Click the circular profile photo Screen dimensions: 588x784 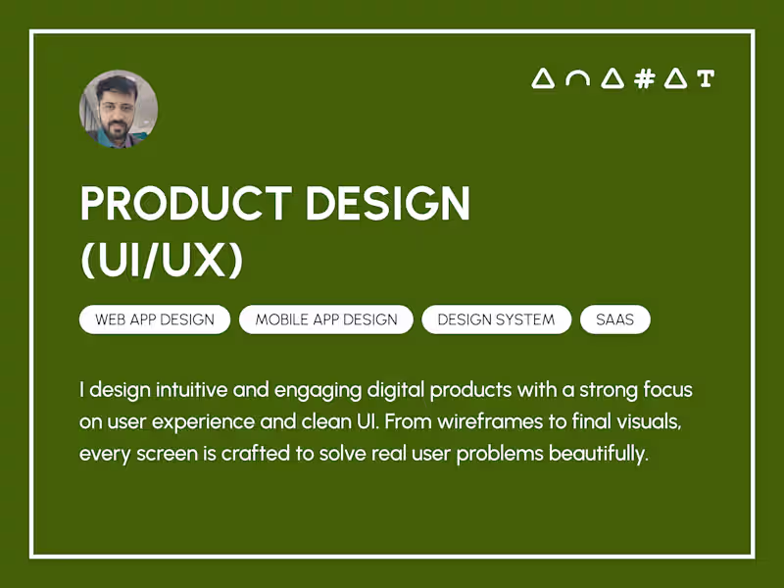[118, 109]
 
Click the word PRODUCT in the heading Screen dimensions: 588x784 [184, 204]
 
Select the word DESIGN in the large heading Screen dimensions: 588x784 [388, 204]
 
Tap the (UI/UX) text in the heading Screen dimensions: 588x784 [161, 260]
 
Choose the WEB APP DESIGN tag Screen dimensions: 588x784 [155, 319]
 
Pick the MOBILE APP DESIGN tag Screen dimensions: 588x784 [326, 319]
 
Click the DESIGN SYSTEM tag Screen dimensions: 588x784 [496, 319]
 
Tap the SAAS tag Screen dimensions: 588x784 [615, 319]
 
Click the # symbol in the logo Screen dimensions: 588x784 [644, 79]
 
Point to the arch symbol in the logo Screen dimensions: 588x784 [577, 79]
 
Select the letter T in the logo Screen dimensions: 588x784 [706, 79]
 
